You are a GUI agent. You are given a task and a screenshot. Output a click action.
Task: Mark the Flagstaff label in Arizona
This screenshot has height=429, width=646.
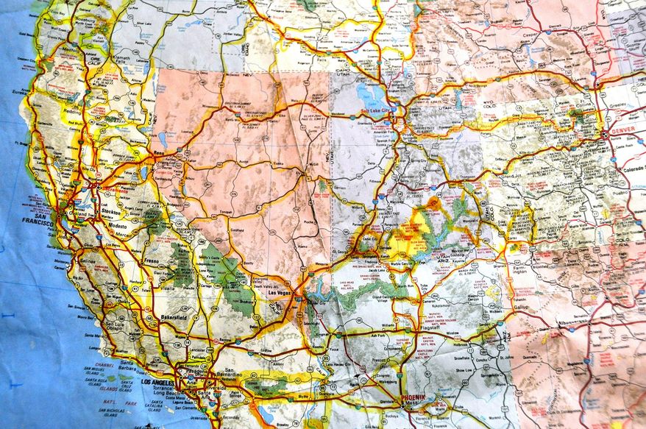coord(429,327)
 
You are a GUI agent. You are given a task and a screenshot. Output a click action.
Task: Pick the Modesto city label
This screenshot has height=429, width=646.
coord(118,227)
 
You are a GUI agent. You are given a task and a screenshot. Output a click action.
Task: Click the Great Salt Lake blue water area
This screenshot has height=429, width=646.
coord(366,92)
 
